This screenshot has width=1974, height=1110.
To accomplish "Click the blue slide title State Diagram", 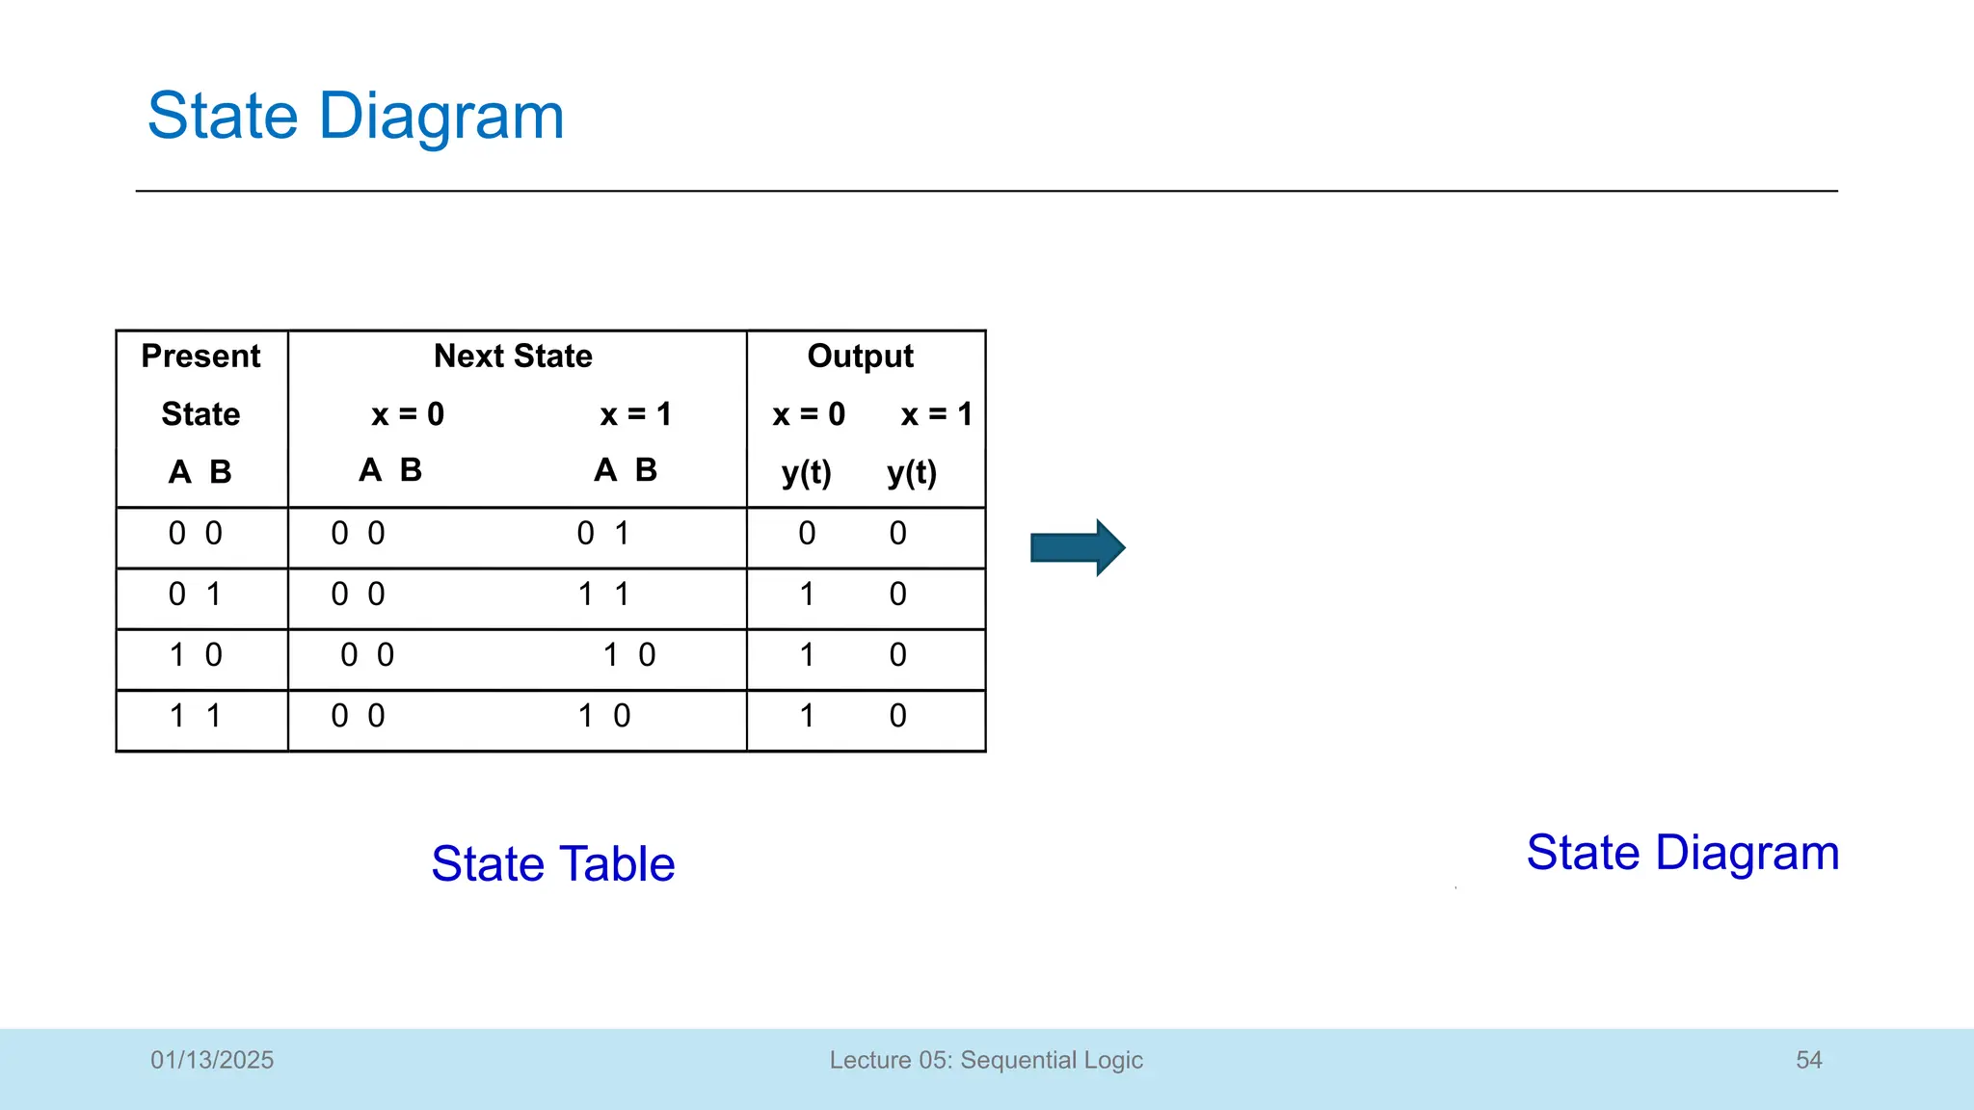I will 355,117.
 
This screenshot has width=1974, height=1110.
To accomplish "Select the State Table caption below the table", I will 552,863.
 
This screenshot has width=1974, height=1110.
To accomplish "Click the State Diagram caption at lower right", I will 1682,853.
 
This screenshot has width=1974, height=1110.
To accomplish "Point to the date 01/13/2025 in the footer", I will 212,1060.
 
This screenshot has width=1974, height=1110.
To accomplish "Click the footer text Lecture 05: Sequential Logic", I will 986,1060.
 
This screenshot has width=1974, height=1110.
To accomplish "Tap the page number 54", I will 1808,1060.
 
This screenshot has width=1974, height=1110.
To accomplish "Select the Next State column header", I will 513,357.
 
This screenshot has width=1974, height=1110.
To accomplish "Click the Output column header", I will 860,357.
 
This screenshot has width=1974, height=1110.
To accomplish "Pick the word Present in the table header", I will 200,357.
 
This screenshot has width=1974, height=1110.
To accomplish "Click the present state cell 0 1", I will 196,595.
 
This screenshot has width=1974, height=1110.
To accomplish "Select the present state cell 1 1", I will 196,716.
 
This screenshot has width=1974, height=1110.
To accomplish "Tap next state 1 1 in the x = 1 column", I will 603,595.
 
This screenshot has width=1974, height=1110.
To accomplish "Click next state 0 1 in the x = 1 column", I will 603,534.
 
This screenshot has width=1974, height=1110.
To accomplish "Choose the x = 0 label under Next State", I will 408,414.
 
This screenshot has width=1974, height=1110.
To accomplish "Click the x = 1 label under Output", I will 936,414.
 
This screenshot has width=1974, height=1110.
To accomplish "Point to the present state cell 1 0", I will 196,655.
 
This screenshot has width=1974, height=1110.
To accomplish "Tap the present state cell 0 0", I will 196,534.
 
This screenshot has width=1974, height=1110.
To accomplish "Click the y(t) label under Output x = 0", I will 806,473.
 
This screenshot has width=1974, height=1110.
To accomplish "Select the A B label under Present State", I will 200,472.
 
